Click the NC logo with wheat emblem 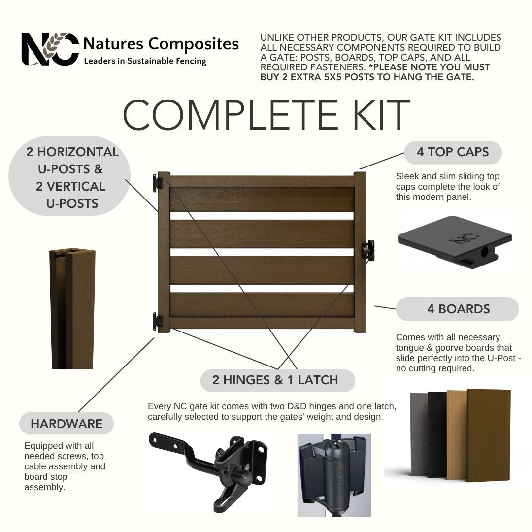point(50,49)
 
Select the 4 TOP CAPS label point(453,152)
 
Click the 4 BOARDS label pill point(457,309)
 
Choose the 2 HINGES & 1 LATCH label point(277,380)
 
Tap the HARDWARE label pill point(66,424)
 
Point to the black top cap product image point(455,242)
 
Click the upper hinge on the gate point(157,183)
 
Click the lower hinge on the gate point(157,321)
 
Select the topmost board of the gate point(262,199)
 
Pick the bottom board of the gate point(262,305)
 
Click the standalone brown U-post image point(72,309)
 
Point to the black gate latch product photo point(208,472)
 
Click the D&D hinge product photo point(334,475)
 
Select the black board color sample point(438,435)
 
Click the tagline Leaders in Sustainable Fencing point(145,61)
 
